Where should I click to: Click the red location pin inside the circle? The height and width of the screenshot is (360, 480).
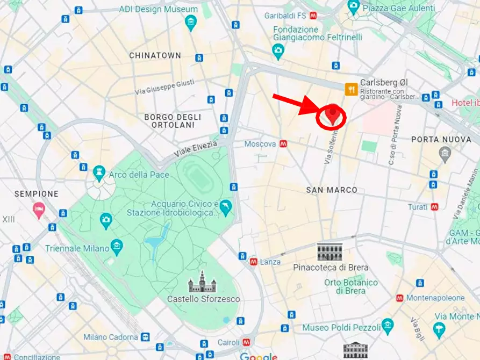click(x=333, y=114)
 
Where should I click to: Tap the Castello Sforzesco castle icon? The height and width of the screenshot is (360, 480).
click(x=202, y=282)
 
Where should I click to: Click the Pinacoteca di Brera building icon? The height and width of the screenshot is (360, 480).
click(x=329, y=251)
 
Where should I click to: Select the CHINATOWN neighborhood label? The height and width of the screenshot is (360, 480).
click(x=155, y=55)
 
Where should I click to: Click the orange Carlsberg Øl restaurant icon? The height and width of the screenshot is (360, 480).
click(x=352, y=89)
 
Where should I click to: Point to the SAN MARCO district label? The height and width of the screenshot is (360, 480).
click(x=332, y=190)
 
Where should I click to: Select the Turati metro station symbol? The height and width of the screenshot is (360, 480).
click(x=434, y=207)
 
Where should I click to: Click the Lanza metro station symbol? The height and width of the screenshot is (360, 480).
click(x=253, y=262)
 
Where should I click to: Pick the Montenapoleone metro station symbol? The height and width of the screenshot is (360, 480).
click(x=399, y=298)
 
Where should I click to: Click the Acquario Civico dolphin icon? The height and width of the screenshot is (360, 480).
click(x=226, y=207)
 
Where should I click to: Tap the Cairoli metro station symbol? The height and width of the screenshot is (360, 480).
click(x=246, y=342)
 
